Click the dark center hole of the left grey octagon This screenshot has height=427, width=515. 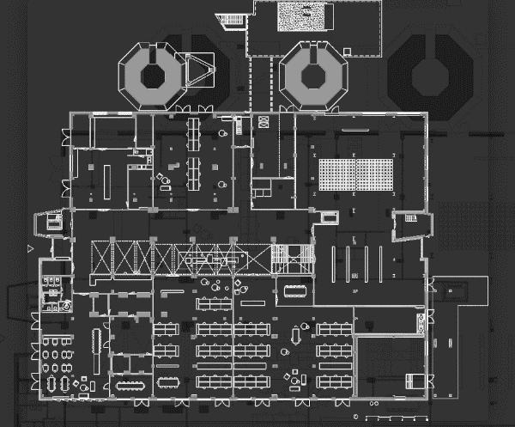point(154,74)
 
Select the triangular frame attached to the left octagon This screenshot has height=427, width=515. point(199,70)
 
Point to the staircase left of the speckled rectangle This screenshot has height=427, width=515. point(231,20)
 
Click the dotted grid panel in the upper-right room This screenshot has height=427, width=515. point(354,174)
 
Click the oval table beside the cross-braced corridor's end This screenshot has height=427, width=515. point(294,290)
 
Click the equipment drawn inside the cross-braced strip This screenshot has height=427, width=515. point(209,256)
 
